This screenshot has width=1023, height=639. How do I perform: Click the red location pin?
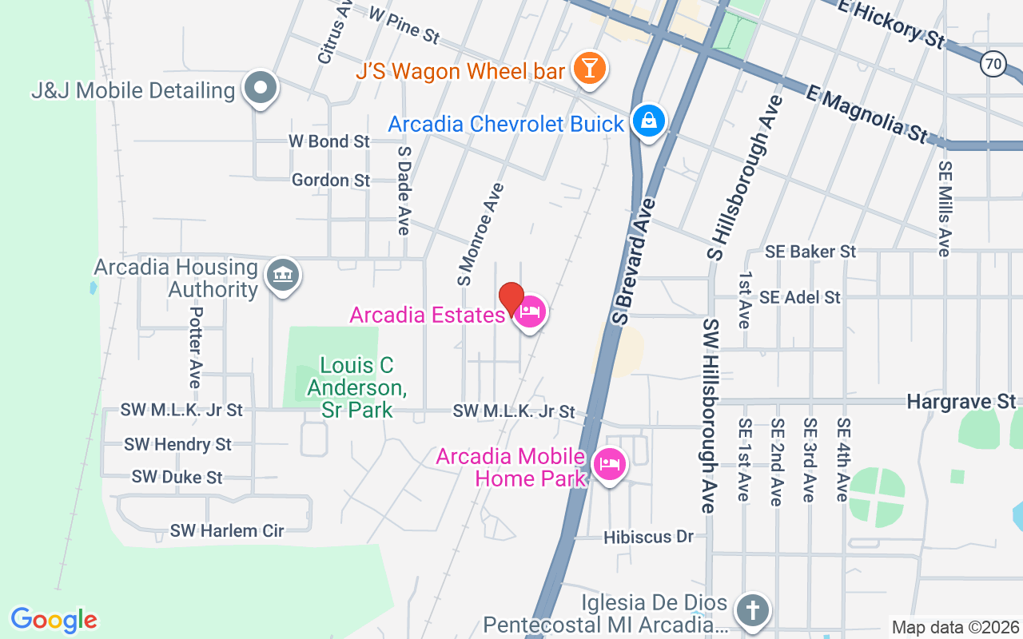[511, 299]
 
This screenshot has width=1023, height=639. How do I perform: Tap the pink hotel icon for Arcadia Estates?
[530, 312]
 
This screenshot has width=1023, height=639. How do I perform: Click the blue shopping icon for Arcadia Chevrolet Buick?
[648, 121]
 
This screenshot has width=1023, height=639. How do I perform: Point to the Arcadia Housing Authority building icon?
[281, 276]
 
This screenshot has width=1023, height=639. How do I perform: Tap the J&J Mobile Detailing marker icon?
[260, 88]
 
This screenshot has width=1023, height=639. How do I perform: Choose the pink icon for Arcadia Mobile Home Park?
[610, 464]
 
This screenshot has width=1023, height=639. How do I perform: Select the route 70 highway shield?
[993, 62]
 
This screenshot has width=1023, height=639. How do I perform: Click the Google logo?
[54, 620]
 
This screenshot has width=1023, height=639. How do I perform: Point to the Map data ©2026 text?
[955, 627]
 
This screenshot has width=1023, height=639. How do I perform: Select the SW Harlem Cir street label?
[227, 530]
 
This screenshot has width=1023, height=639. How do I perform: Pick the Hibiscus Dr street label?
[648, 537]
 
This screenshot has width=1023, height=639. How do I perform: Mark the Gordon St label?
[331, 181]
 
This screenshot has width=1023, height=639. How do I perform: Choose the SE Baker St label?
[810, 252]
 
